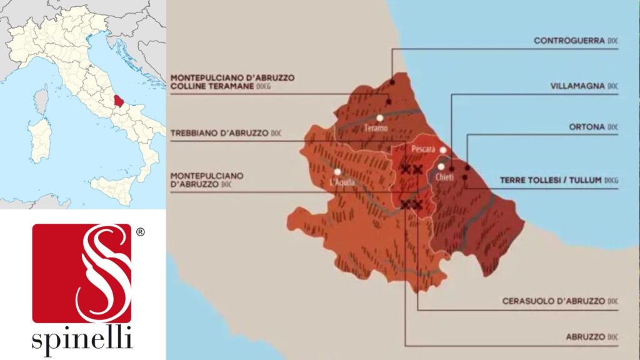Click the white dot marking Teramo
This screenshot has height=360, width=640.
click(379, 117)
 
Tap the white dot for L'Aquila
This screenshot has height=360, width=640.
click(337, 171)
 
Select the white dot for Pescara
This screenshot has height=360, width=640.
click(443, 150)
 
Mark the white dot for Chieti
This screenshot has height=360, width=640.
click(441, 166)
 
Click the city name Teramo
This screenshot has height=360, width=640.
click(377, 128)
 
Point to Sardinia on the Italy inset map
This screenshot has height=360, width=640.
click(41, 140)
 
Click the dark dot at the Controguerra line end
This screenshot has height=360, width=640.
click(392, 82)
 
